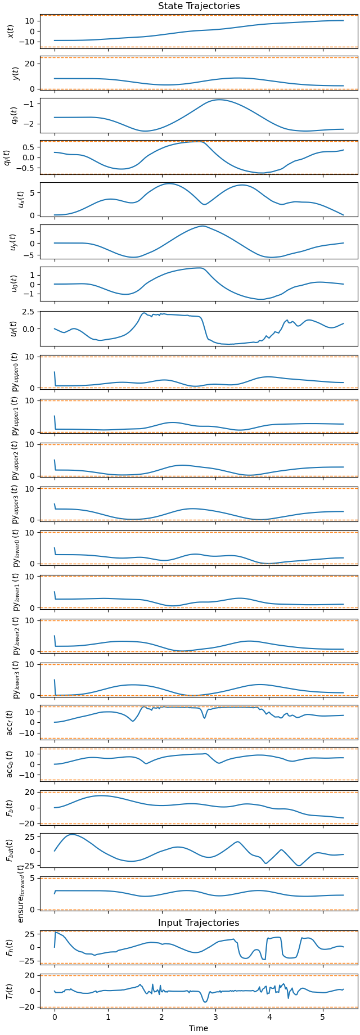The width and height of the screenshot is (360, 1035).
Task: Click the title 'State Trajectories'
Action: coord(199,6)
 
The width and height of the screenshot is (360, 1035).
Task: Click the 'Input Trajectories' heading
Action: coord(199,923)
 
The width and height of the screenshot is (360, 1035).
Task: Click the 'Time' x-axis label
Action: coord(199,1028)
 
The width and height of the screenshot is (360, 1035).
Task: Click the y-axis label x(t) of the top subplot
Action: coord(10,31)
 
